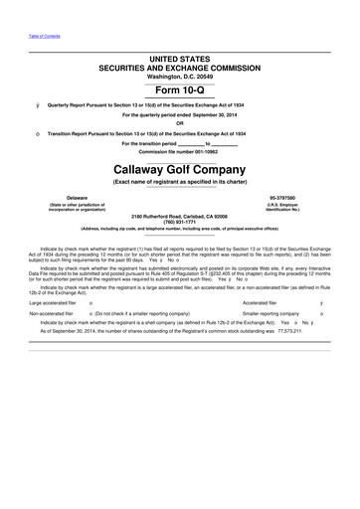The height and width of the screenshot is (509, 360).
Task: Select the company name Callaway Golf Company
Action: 179,172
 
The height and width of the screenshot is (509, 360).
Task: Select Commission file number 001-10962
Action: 179,151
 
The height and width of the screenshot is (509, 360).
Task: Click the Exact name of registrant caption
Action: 179,184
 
